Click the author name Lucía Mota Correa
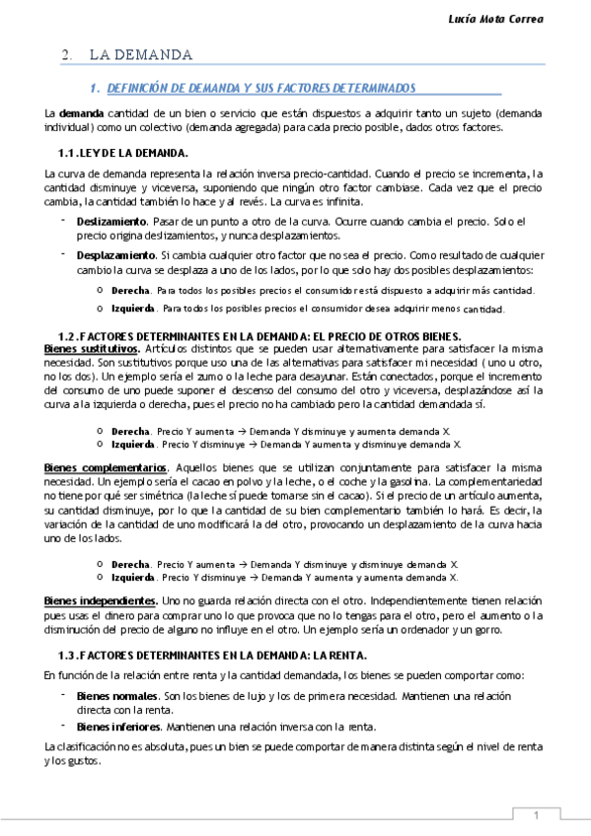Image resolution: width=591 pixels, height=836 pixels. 530,20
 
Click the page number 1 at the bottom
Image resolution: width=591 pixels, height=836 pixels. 536,814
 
